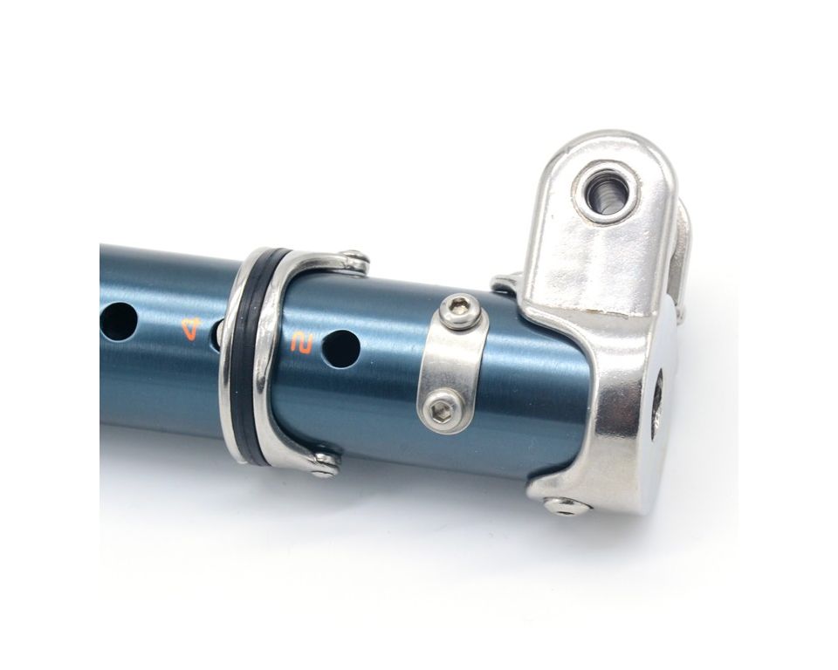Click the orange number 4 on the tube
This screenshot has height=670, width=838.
tap(191, 329)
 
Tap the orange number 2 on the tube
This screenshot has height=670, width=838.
tap(301, 343)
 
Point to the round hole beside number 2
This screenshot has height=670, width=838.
tap(340, 348)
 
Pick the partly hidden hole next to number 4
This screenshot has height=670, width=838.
tap(219, 332)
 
